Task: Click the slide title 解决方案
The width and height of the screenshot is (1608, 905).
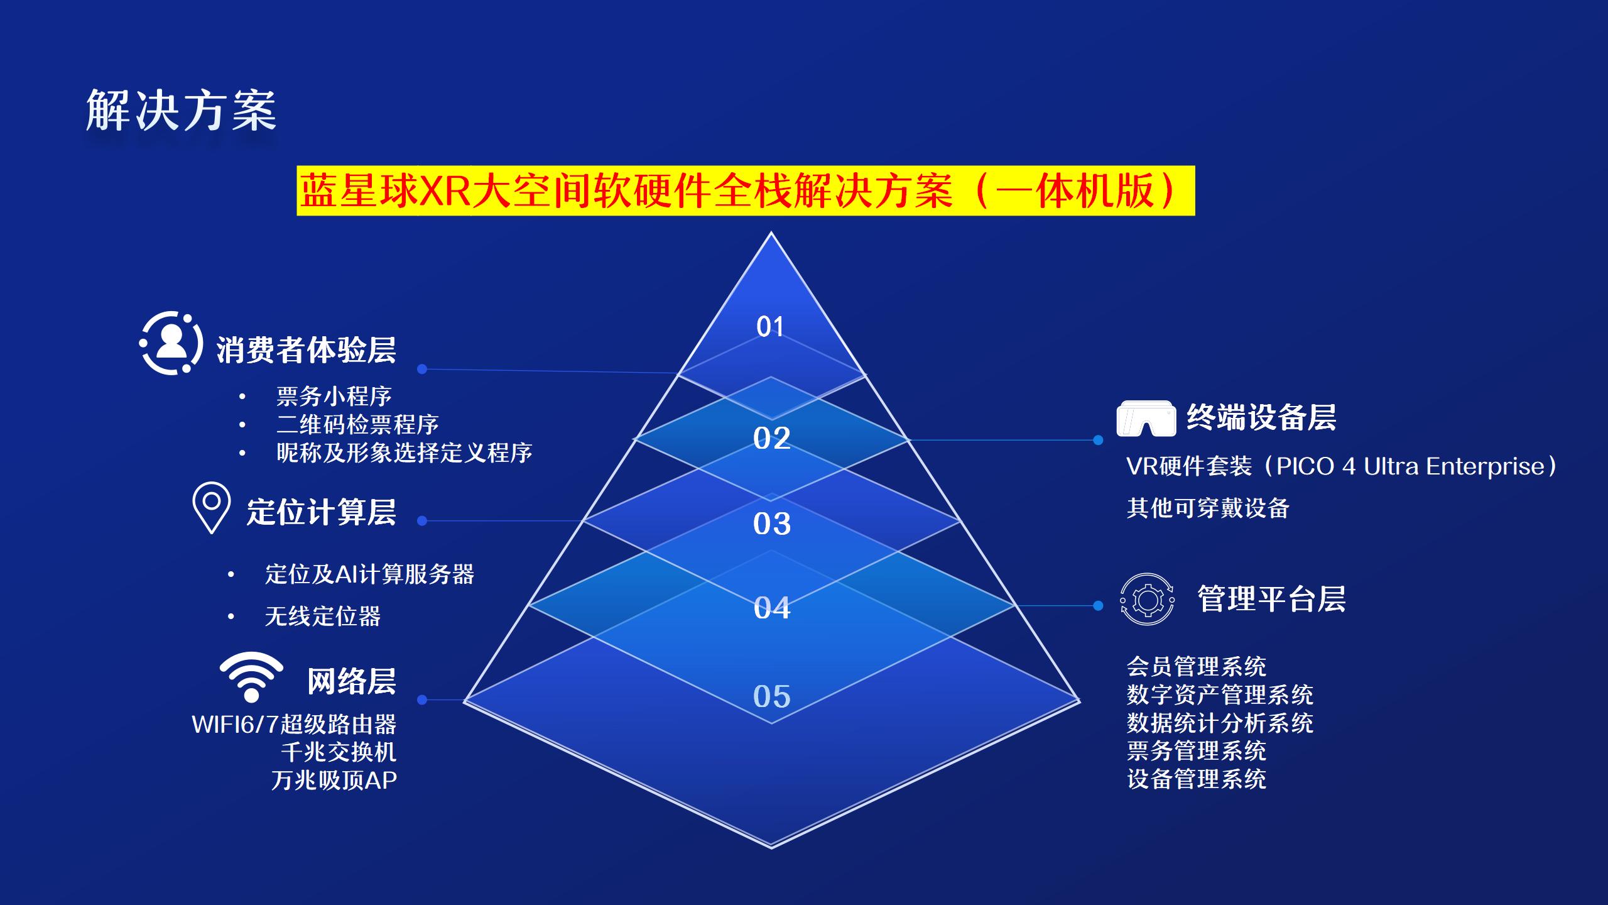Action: [181, 111]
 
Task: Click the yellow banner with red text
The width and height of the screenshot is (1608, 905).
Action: [745, 191]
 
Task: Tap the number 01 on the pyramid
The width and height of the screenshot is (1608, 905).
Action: [770, 327]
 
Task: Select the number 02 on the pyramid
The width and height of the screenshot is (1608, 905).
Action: [771, 439]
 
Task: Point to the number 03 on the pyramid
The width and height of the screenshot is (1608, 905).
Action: [772, 524]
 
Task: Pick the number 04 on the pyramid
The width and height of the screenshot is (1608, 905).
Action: [772, 608]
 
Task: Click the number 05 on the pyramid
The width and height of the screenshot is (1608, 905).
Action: [772, 696]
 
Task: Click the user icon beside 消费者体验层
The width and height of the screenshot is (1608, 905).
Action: [170, 343]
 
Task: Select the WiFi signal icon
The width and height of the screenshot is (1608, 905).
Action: [251, 677]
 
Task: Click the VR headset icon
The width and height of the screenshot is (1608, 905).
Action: [1146, 419]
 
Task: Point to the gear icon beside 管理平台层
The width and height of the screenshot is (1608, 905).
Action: [1147, 600]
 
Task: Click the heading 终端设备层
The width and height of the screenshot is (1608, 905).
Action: [1261, 417]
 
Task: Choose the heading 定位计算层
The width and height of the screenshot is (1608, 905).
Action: [321, 512]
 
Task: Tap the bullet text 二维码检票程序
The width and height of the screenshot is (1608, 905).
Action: [357, 425]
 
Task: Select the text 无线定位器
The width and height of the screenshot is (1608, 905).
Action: [323, 617]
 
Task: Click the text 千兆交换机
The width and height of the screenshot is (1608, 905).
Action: [339, 752]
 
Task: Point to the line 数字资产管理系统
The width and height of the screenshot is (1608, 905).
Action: [1220, 695]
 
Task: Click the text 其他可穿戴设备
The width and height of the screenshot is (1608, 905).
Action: [1207, 508]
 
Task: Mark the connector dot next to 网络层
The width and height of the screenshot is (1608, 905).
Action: [422, 699]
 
